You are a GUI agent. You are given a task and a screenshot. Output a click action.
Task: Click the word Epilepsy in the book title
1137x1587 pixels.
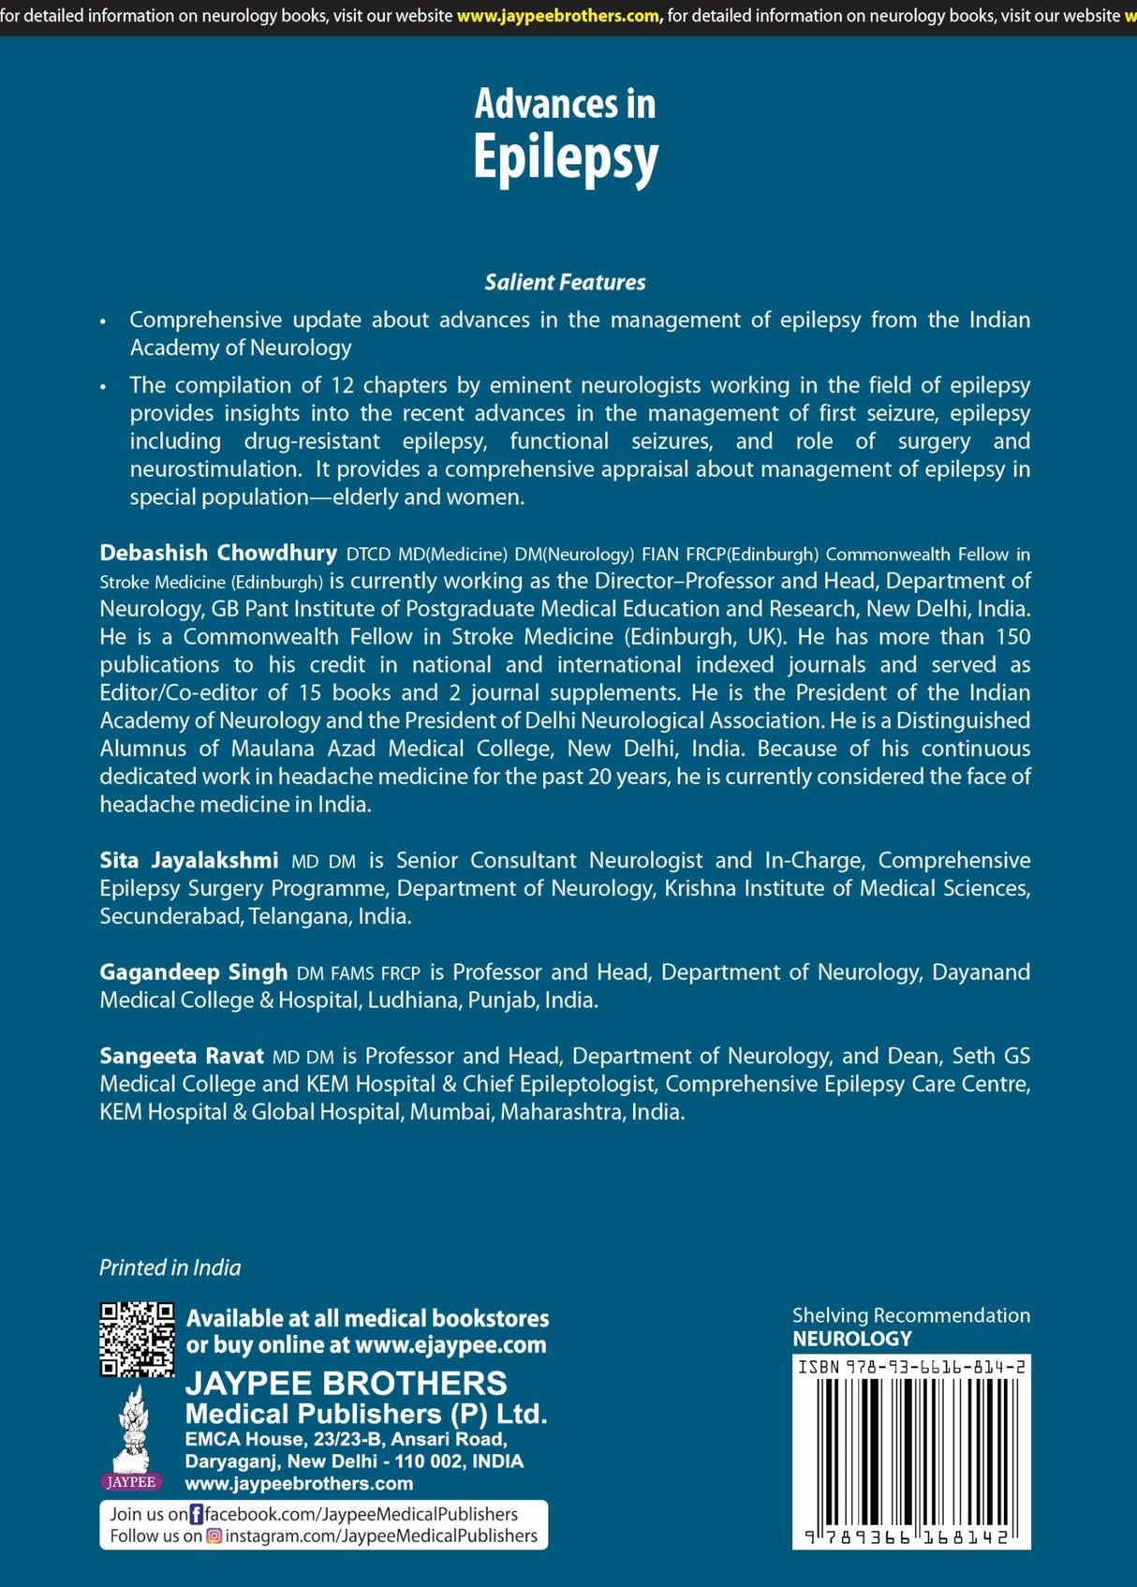(566, 157)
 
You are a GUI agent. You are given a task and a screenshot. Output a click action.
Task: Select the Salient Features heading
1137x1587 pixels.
(565, 282)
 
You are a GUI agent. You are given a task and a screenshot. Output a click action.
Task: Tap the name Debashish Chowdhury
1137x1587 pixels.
(218, 553)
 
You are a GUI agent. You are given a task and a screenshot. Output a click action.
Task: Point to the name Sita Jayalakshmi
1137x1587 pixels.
(189, 860)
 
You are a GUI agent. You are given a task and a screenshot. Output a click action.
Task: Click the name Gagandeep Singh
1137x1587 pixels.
(193, 972)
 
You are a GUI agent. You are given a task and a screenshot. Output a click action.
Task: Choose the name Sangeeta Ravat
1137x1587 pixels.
(182, 1056)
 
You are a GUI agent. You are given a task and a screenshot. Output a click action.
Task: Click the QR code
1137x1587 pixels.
(137, 1340)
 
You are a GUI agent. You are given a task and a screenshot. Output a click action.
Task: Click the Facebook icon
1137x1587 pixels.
(197, 1514)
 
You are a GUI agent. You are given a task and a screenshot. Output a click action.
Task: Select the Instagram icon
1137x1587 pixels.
(214, 1536)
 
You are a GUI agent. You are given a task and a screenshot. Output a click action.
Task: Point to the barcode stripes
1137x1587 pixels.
(911, 1451)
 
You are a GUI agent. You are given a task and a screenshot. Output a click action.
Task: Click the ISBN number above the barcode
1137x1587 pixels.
(911, 1367)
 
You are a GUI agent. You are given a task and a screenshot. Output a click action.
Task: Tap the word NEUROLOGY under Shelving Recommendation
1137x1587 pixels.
(851, 1339)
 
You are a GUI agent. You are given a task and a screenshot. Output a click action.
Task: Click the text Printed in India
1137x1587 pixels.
(170, 1268)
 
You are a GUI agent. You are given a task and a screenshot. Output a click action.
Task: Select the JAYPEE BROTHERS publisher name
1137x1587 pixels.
(346, 1383)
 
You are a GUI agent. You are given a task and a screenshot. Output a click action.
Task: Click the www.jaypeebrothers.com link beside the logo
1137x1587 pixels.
(299, 1483)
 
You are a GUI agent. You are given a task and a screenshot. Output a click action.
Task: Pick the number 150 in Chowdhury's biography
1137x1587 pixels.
(1012, 637)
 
